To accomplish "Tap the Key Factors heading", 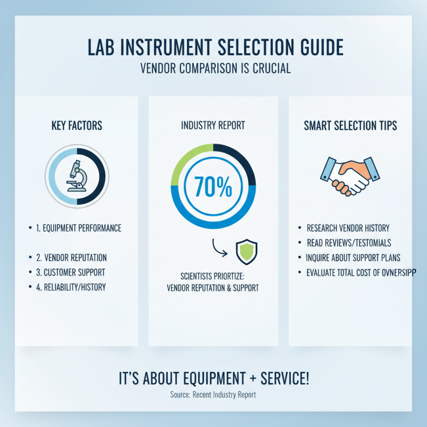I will tap(77, 126).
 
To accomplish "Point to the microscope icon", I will tap(77, 175).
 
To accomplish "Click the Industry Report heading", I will tap(213, 126).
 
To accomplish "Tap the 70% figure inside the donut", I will tap(213, 187).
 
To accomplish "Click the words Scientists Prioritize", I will tap(213, 278).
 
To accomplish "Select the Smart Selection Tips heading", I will tap(350, 126).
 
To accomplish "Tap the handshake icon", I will tap(350, 175).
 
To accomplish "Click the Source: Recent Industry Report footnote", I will tap(213, 395).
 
